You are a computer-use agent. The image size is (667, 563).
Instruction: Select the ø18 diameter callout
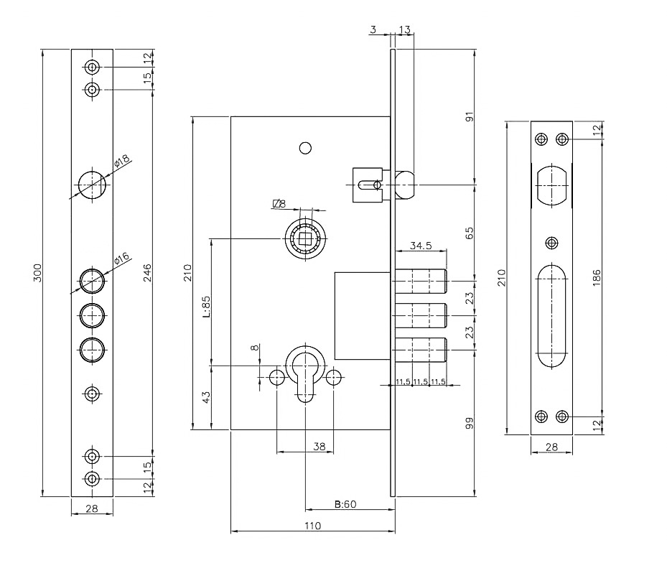(x=121, y=162)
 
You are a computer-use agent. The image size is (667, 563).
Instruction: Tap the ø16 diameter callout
(x=120, y=259)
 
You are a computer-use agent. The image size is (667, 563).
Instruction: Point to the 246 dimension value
(x=147, y=272)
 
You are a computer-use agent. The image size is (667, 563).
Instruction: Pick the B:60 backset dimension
(x=346, y=504)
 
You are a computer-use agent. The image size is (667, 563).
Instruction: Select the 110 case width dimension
(x=312, y=526)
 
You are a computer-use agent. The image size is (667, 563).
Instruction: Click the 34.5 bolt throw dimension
(x=420, y=246)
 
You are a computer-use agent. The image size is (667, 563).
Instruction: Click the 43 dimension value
(x=206, y=397)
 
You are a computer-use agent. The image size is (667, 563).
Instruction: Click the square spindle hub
(x=305, y=238)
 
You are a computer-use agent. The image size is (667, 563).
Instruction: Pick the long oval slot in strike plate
(x=551, y=316)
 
